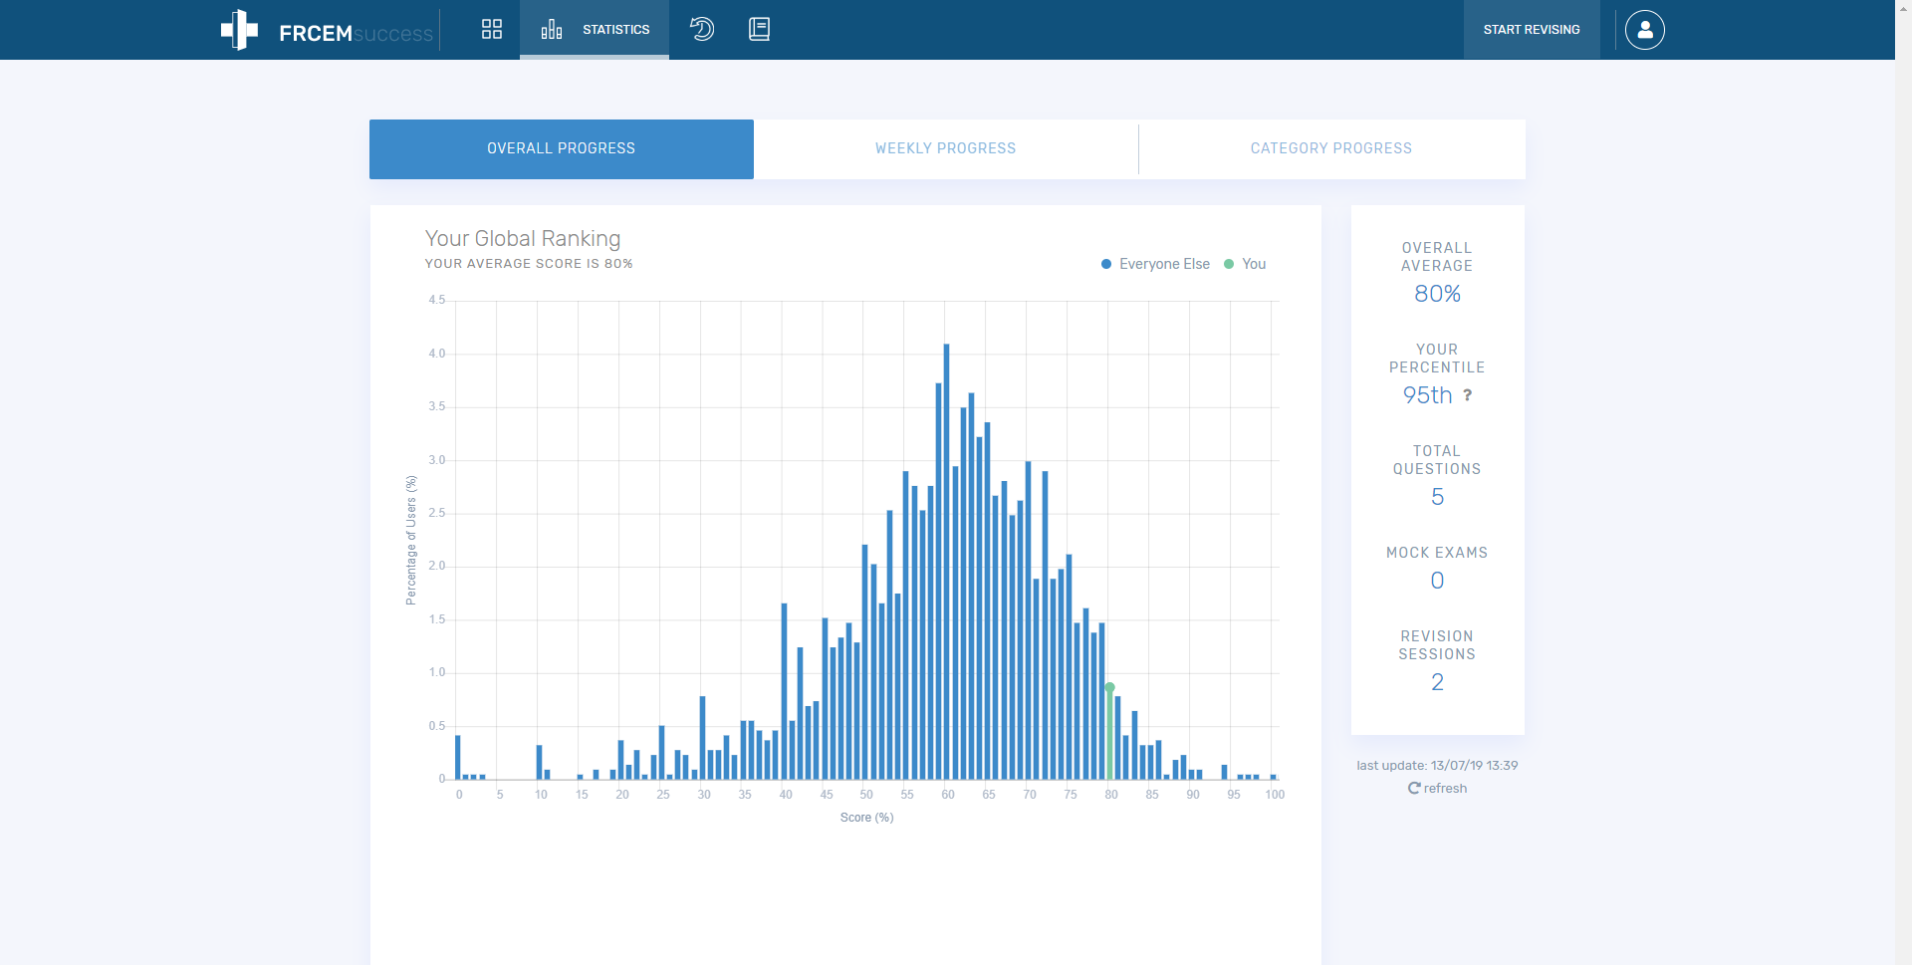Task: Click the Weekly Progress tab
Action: [945, 148]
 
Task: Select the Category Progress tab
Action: [1331, 148]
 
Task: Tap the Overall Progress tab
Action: [562, 148]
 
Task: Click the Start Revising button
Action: [1532, 30]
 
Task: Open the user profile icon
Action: [1645, 30]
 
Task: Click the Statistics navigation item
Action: [595, 30]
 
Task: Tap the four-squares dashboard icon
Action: [492, 29]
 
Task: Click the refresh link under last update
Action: [1437, 788]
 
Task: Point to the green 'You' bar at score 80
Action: [1110, 733]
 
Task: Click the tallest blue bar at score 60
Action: [946, 562]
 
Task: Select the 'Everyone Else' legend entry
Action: [1155, 264]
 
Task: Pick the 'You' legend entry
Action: [1245, 264]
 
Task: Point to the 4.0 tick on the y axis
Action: [437, 354]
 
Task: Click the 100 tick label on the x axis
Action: [1275, 795]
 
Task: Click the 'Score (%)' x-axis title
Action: [866, 818]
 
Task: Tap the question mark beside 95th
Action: [1467, 395]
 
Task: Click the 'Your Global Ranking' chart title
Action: [523, 239]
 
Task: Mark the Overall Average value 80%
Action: [1437, 294]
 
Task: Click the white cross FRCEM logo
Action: [239, 30]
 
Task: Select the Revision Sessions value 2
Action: [1437, 682]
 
